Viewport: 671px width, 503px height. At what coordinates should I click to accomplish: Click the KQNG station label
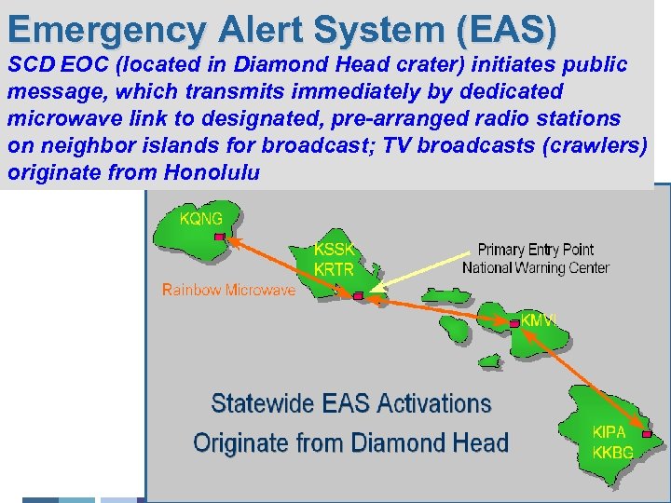(201, 219)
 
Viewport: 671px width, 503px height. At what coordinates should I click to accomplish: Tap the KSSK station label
(335, 249)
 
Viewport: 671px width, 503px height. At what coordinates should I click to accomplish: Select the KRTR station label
(335, 267)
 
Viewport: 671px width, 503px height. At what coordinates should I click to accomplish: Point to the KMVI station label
(541, 319)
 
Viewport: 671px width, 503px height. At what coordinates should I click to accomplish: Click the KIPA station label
(609, 432)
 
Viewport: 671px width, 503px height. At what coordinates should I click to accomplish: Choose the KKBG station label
(612, 453)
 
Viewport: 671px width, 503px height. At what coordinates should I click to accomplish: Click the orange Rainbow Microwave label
(228, 290)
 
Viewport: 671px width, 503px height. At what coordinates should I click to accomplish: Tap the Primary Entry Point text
(535, 250)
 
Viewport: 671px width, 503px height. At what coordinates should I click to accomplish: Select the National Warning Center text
(535, 268)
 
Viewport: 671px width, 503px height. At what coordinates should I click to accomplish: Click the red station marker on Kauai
(220, 238)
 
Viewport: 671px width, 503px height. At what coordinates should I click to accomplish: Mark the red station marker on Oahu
(358, 295)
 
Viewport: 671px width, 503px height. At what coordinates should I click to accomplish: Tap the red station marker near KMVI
(514, 323)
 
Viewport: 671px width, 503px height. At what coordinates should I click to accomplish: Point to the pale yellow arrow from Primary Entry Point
(424, 273)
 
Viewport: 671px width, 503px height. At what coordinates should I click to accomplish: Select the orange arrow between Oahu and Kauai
(289, 266)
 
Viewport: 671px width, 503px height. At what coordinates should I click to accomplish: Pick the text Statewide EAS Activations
(350, 403)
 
